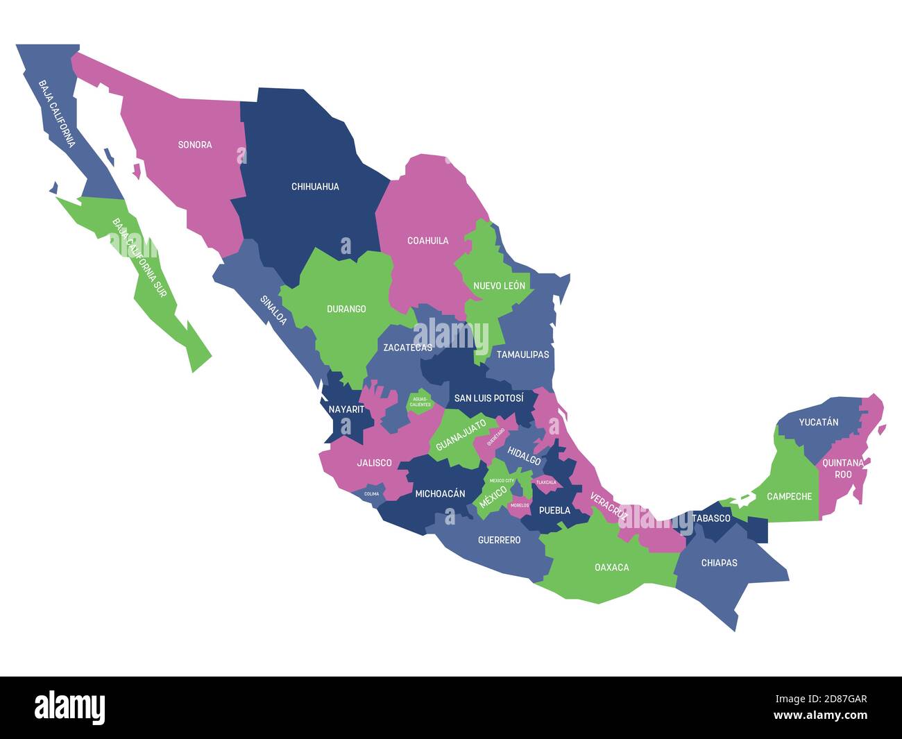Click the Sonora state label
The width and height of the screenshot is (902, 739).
pos(195,145)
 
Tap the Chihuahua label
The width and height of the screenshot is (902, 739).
pos(315,187)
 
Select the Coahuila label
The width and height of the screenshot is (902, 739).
pos(427,241)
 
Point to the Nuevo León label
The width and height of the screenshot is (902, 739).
pos(499,286)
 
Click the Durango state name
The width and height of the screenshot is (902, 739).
pos(346,309)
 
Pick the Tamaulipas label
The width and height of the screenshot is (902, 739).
pos(522,355)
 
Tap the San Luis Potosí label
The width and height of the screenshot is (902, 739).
pos(488,398)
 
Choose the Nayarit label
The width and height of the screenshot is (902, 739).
pos(346,409)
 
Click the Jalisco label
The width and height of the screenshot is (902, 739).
pos(374,463)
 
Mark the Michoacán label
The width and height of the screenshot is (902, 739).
pos(440,494)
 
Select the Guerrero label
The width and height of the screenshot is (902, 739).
pos(499,540)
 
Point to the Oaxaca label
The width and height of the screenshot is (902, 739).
pos(612,568)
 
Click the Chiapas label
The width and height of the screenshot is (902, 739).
pos(719,563)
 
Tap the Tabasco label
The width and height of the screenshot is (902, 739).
pos(711,518)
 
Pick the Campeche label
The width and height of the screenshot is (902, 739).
pos(790,497)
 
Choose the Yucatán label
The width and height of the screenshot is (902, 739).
pos(819,422)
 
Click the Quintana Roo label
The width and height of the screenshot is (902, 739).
pos(843,468)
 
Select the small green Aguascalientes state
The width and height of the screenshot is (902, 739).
pos(420,402)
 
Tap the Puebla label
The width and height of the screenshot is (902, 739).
pos(554,511)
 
